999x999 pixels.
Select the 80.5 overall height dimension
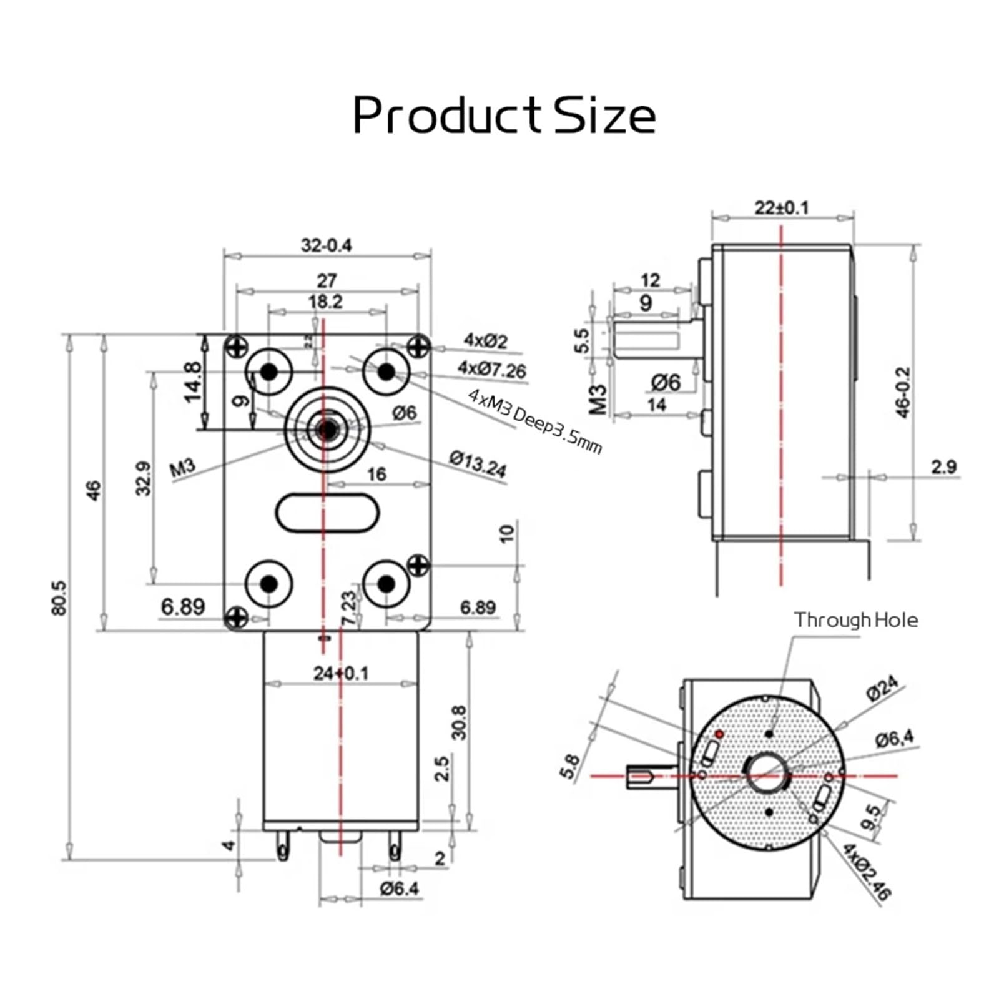60,598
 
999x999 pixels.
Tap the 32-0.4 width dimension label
327,245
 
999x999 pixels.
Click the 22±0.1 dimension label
781,207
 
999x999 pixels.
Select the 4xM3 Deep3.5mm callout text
535,422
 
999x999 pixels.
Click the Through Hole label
855,620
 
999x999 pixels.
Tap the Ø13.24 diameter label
478,464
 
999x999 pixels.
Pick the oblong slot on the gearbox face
327,513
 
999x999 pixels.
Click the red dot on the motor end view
719,734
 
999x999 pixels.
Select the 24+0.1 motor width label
341,673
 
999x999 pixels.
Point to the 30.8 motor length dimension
459,722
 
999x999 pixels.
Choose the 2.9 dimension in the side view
943,466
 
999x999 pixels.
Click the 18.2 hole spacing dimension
325,302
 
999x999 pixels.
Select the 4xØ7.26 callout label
491,370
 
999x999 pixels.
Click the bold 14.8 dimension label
194,382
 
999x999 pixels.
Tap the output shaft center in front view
327,429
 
